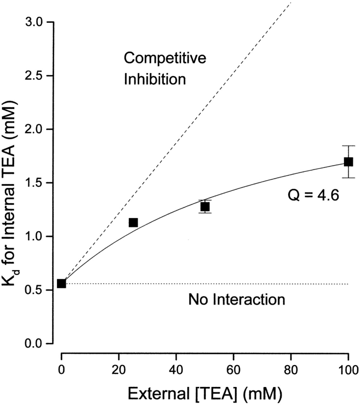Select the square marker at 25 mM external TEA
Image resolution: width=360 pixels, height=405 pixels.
tap(133, 223)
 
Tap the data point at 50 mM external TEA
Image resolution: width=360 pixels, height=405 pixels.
tap(205, 207)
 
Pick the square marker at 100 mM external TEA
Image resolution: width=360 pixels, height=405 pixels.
tap(348, 162)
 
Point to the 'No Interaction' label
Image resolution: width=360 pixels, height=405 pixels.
tap(237, 300)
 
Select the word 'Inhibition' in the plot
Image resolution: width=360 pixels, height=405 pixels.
tap(155, 79)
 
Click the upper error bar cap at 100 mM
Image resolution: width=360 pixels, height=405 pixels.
tap(348, 146)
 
